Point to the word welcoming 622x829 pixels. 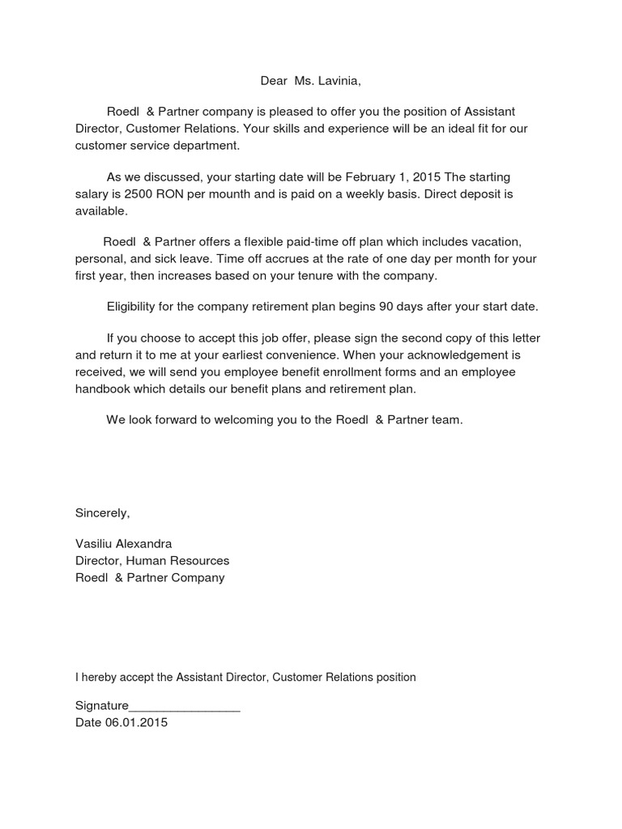pos(248,420)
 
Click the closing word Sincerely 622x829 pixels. pos(102,512)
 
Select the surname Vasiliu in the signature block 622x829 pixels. pos(95,543)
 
